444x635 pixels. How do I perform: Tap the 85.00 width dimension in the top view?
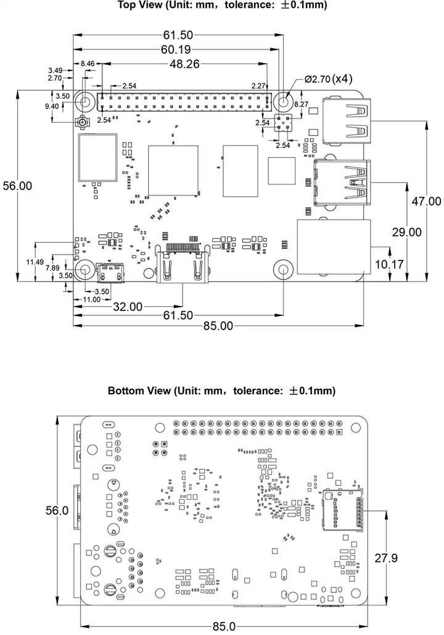[218, 326]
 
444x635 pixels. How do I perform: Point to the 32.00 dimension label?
[128, 306]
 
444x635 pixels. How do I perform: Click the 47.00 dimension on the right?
[426, 201]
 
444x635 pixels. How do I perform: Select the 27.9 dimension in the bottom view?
[386, 558]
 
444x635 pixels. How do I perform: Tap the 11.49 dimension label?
[35, 262]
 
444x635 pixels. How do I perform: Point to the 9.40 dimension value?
[52, 106]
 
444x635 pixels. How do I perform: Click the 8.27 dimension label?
[302, 105]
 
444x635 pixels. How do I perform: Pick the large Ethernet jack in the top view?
[334, 246]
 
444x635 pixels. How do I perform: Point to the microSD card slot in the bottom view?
[340, 510]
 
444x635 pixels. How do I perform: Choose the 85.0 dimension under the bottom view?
[223, 626]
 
